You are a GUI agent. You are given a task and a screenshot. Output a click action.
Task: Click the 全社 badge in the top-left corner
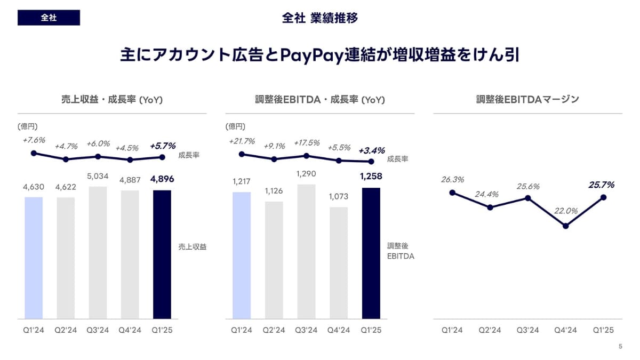tap(49, 18)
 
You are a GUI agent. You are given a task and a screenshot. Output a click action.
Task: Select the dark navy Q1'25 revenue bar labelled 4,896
tap(162, 254)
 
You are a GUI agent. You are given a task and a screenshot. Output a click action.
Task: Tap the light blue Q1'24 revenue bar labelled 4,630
tap(34, 258)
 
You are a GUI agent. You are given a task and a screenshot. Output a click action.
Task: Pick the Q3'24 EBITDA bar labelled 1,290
tap(306, 252)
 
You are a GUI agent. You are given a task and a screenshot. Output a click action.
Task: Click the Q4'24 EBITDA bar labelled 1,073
tap(339, 263)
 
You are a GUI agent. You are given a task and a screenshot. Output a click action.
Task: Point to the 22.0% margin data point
tap(565, 226)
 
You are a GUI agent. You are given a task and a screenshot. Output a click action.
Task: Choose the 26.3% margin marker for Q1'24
tap(452, 193)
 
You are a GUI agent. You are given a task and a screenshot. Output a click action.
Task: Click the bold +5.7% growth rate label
tap(163, 145)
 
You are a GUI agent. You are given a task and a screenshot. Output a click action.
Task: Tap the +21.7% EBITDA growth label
tap(242, 141)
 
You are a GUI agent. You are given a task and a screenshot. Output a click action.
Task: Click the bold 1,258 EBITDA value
tap(371, 177)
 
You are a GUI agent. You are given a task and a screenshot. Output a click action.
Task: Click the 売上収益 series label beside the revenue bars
tap(193, 247)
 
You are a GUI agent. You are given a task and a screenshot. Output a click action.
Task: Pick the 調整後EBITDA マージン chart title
tap(527, 99)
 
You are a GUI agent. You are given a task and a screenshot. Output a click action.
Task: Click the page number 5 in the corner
tap(620, 347)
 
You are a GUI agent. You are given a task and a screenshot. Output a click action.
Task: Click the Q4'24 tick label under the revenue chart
tap(130, 330)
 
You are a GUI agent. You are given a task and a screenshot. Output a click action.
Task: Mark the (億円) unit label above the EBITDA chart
tap(236, 126)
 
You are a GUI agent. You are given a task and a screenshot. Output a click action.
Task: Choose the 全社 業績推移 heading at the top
tap(320, 18)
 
